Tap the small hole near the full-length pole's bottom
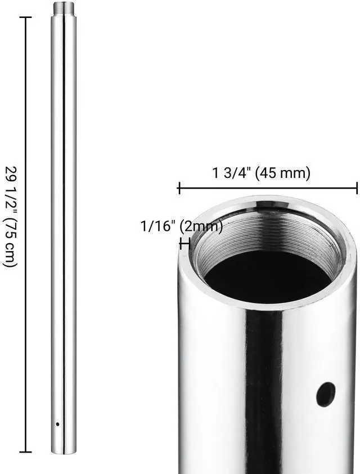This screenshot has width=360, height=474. [x=57, y=424]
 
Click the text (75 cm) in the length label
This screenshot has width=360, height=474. [x=11, y=242]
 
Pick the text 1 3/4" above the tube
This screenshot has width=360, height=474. [x=232, y=173]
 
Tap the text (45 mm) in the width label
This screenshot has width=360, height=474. [x=282, y=173]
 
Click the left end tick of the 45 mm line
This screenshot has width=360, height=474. [x=179, y=189]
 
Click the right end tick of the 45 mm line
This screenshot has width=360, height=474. [x=357, y=189]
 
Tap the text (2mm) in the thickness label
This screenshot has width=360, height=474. [x=200, y=227]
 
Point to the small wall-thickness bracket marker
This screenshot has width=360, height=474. [x=184, y=243]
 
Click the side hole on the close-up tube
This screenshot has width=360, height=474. [x=326, y=393]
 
